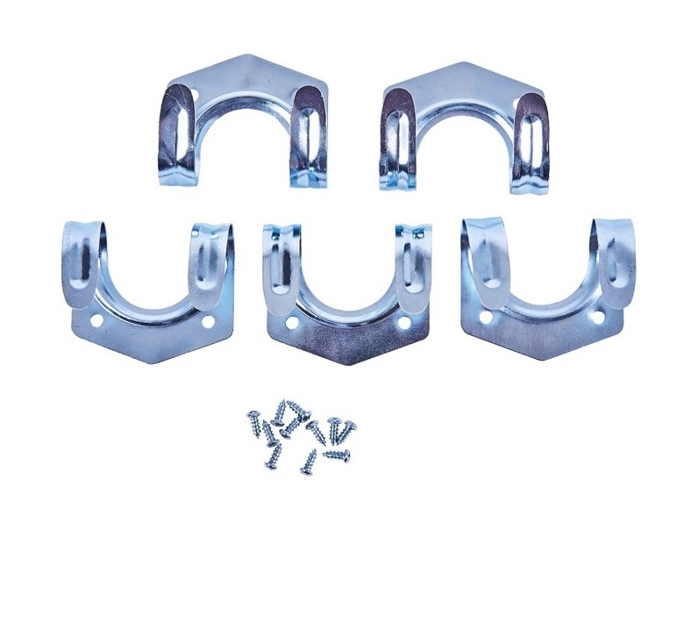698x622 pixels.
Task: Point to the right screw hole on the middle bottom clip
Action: click(403, 323)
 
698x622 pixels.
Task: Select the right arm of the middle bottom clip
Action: click(411, 263)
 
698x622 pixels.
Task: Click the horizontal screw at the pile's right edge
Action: click(337, 454)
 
